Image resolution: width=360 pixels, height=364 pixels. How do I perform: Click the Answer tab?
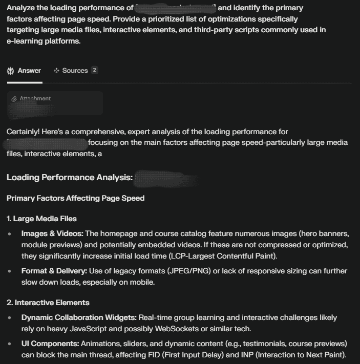29,71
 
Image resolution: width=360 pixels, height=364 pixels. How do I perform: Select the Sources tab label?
75,71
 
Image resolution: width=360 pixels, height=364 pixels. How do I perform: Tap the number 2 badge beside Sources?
94,71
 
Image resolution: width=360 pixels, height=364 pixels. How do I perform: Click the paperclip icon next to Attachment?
14,99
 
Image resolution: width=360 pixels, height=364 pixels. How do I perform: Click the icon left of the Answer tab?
10,71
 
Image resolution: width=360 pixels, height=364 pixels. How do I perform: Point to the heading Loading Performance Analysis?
70,178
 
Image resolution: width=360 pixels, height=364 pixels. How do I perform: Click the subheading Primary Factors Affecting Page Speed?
75,198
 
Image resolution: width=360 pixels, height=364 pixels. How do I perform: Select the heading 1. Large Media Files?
41,219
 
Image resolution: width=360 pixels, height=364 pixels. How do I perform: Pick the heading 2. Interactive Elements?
48,303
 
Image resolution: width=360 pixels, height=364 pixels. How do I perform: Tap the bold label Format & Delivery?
54,271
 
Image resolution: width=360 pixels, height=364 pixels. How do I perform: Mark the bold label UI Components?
49,342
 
